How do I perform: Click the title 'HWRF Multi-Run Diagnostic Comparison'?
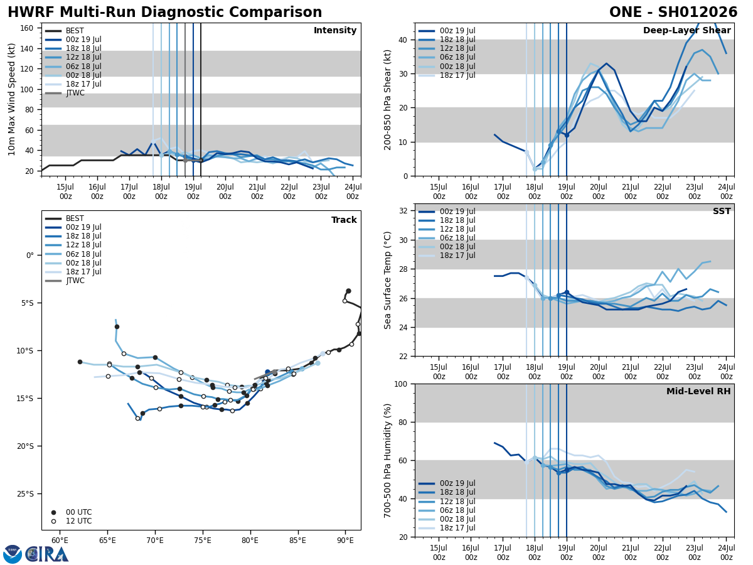click(164, 13)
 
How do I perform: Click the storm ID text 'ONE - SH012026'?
click(673, 13)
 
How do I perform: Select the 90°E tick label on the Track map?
click(345, 541)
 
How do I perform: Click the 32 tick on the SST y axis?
click(405, 211)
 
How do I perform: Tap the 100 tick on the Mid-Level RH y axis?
click(402, 384)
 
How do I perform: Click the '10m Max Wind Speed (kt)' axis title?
click(12, 99)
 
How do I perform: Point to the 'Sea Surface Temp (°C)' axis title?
click(388, 280)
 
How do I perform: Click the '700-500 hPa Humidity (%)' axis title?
click(388, 460)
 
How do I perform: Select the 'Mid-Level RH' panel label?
click(698, 392)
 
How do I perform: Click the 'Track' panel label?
click(344, 220)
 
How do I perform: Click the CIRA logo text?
click(47, 554)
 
